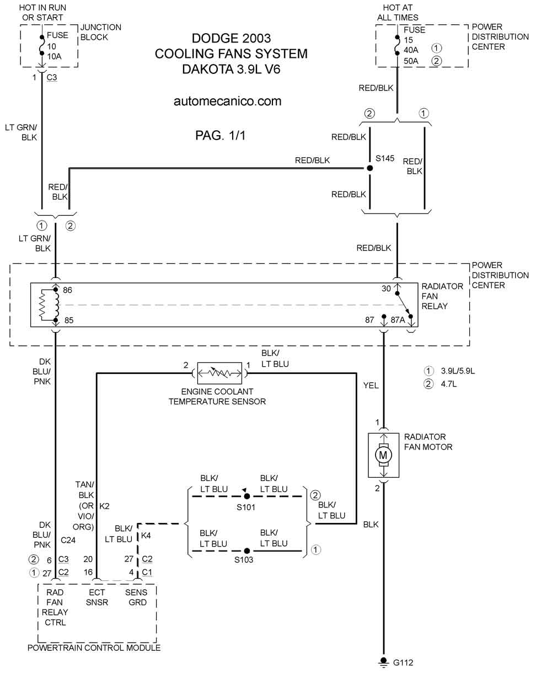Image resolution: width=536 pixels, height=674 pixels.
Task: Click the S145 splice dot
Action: [x=370, y=168]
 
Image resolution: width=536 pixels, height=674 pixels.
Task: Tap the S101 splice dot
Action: [x=246, y=496]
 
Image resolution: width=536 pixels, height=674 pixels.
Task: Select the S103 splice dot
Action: [x=246, y=550]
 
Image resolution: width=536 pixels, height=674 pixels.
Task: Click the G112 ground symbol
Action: [x=384, y=662]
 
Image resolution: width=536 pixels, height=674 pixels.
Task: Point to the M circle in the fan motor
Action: [x=383, y=455]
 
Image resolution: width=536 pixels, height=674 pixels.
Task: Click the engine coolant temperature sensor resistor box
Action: [x=219, y=373]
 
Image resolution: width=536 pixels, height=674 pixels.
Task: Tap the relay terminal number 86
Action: [x=67, y=290]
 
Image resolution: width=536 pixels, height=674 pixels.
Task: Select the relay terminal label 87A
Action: [x=398, y=320]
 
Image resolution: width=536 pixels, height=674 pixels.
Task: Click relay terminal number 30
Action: [x=386, y=288]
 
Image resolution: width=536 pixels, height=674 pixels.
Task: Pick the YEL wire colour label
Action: [x=371, y=385]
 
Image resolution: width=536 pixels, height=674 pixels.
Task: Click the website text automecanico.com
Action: [x=228, y=101]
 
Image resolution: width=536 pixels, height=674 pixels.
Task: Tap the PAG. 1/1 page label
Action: [x=221, y=136]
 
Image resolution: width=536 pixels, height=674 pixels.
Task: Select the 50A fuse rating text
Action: [x=411, y=61]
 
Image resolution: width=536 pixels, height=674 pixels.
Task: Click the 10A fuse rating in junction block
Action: [x=54, y=56]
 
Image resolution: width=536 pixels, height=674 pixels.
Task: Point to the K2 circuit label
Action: [x=104, y=506]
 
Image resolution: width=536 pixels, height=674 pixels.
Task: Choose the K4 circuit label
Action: [x=146, y=535]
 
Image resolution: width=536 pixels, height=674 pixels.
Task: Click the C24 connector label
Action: [x=68, y=540]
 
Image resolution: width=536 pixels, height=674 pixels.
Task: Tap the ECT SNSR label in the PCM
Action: [x=97, y=597]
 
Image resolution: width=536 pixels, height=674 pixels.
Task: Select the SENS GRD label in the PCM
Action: [x=136, y=597]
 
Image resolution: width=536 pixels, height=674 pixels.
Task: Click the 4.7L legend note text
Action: [x=449, y=384]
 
